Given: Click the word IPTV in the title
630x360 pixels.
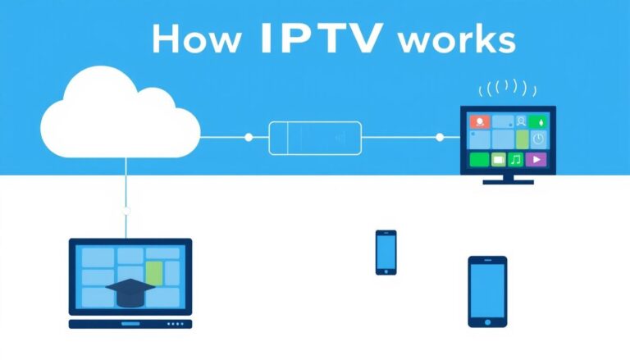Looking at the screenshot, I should click(x=322, y=39).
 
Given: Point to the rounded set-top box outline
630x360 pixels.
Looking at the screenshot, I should click(x=315, y=137).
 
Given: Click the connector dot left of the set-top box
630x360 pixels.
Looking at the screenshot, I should click(x=249, y=137).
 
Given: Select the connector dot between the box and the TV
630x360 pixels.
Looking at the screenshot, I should click(x=441, y=137).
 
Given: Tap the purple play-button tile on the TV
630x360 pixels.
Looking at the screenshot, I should click(x=535, y=159).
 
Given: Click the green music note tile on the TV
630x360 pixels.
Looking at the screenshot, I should click(x=516, y=159).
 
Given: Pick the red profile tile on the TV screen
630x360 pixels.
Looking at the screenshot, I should click(x=479, y=121).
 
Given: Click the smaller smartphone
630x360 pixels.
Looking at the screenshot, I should click(x=386, y=251).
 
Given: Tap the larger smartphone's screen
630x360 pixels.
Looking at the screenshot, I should click(x=487, y=289).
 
